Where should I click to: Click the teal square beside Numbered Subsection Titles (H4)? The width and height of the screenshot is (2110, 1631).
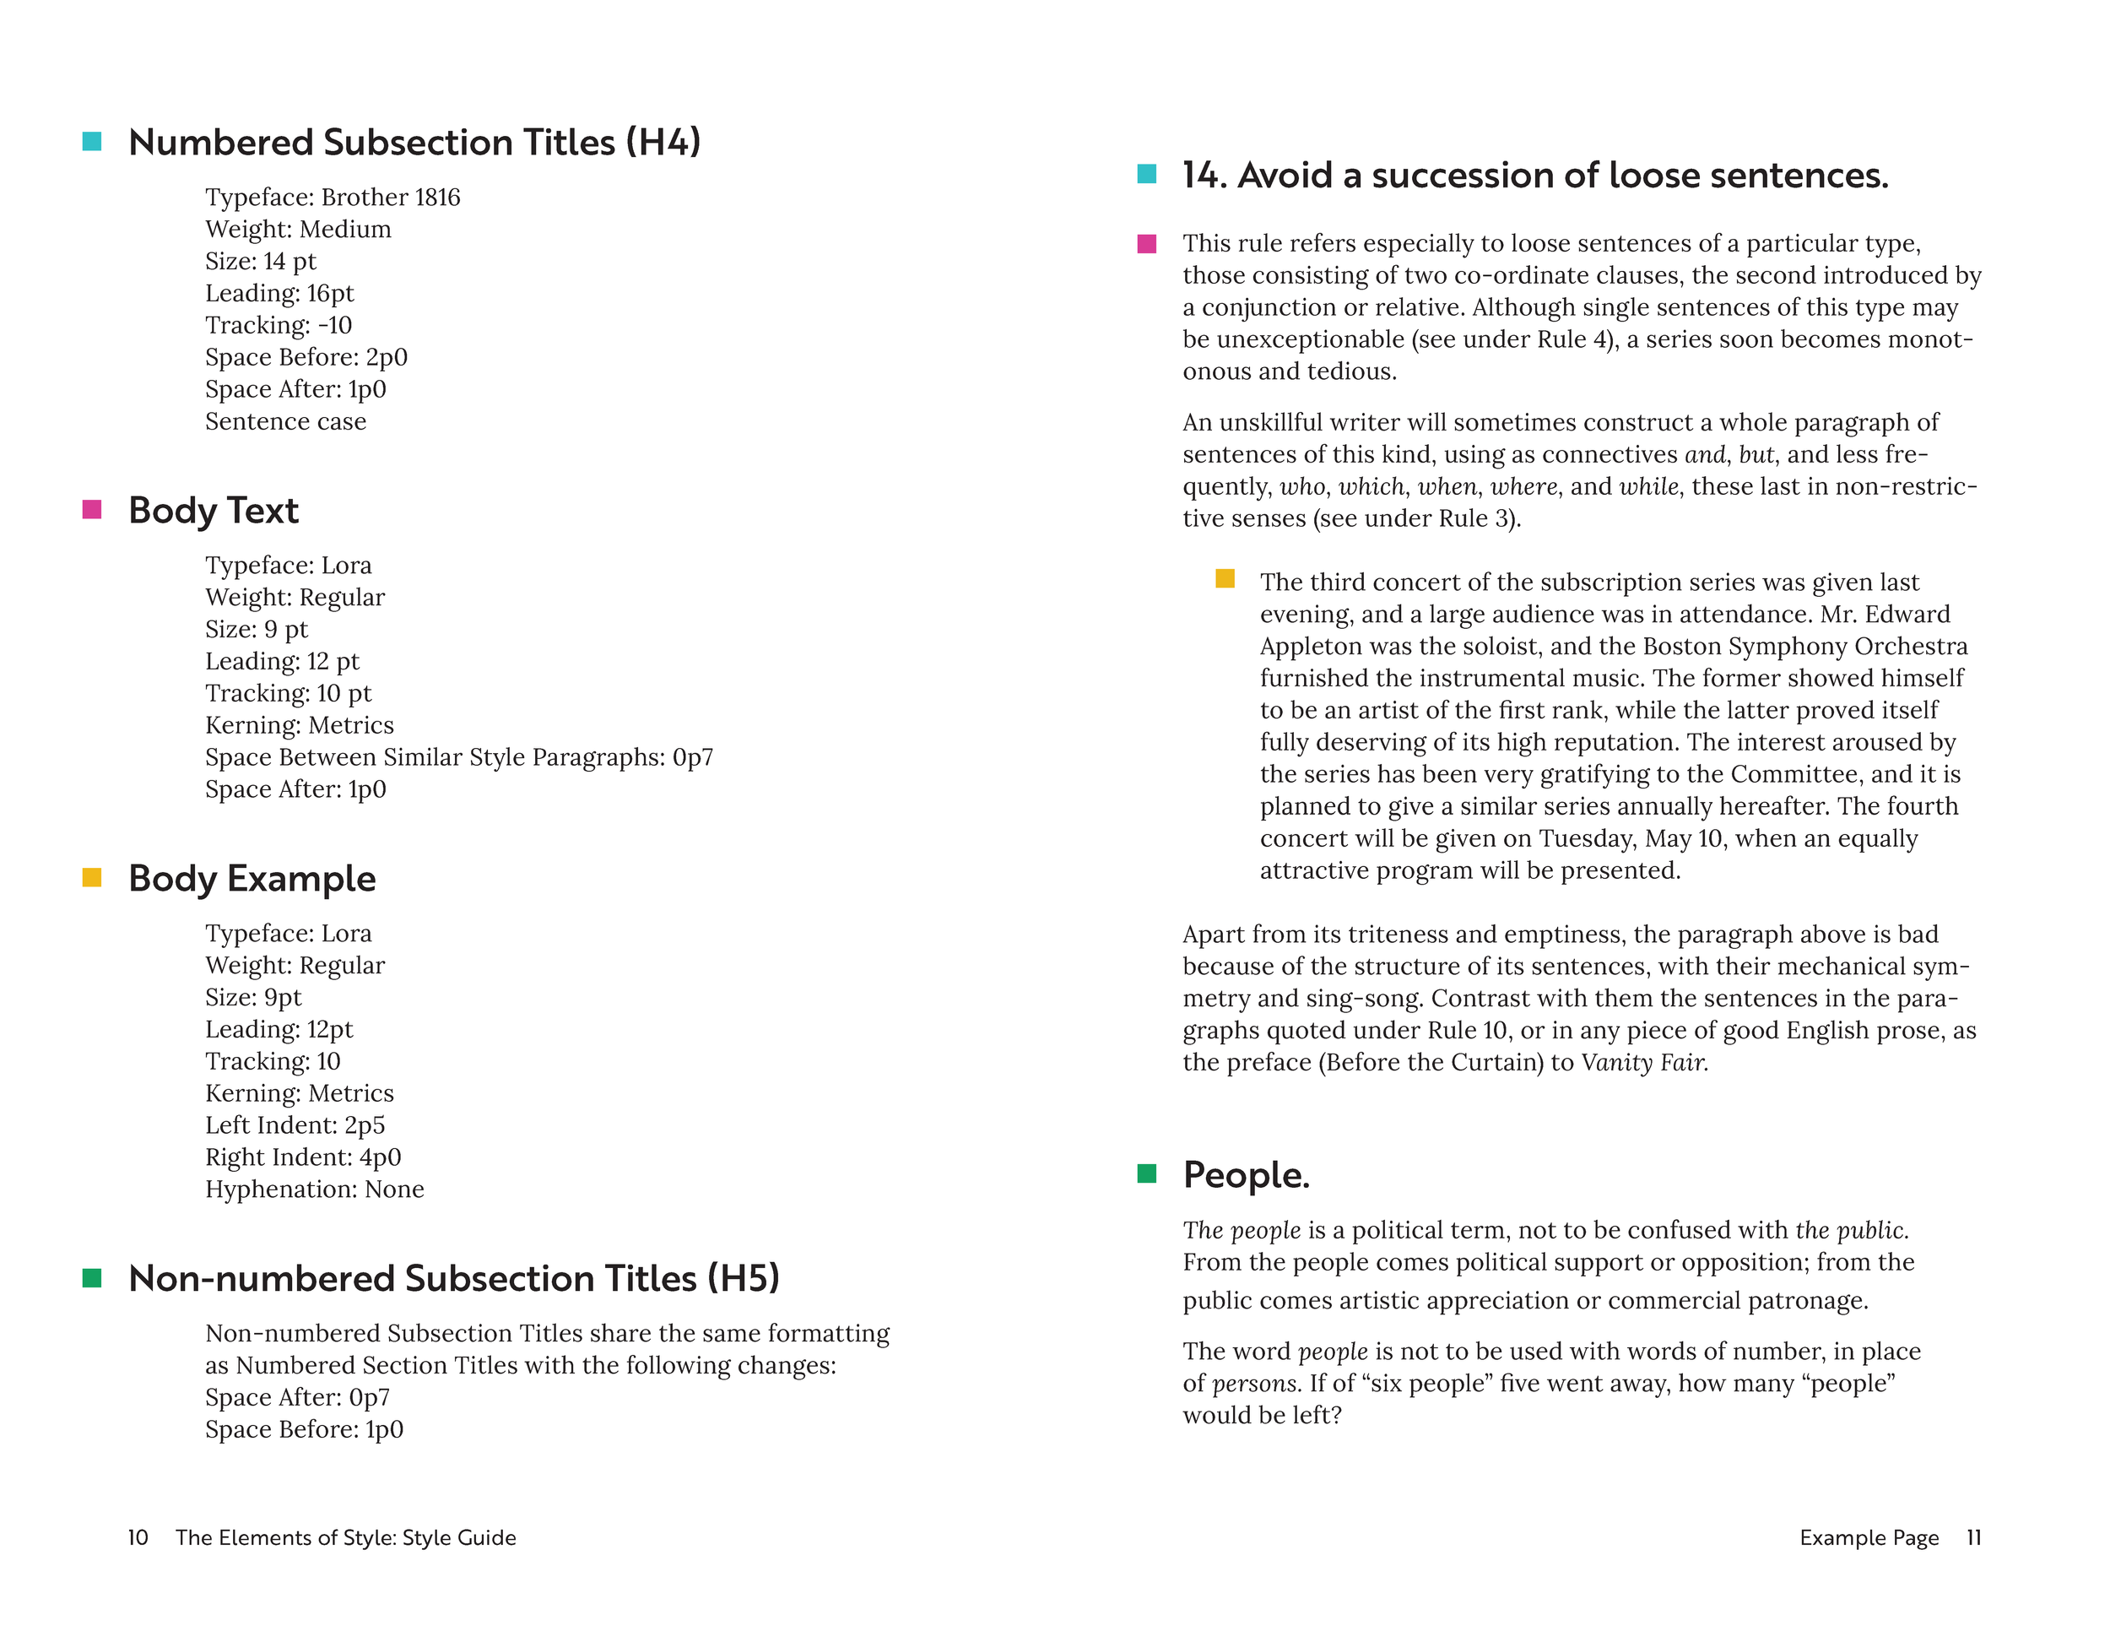tap(92, 142)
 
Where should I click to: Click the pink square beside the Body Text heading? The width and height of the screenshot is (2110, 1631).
tap(92, 509)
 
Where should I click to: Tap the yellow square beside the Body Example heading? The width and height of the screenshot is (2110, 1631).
tap(92, 877)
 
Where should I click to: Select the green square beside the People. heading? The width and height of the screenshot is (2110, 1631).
tap(1147, 1174)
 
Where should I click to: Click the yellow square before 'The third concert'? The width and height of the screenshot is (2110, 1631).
tap(1224, 579)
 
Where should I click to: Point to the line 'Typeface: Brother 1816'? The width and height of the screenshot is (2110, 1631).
tap(333, 197)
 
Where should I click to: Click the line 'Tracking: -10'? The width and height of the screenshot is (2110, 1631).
tap(279, 326)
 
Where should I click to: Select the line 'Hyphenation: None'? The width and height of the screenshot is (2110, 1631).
tap(314, 1189)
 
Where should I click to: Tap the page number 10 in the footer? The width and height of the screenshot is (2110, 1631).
tap(138, 1537)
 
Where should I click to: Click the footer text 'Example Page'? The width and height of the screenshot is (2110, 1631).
tap(1869, 1537)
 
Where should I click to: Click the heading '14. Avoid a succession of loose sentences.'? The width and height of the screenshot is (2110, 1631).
tap(1535, 175)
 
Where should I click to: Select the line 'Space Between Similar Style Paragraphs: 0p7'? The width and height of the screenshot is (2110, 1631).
tap(459, 757)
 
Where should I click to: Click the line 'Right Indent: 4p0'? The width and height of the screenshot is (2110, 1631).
tap(302, 1157)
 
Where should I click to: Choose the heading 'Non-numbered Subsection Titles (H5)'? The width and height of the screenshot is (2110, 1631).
tap(454, 1278)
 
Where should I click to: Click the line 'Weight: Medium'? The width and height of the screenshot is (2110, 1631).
tap(298, 230)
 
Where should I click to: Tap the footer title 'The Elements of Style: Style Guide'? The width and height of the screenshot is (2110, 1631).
tap(346, 1537)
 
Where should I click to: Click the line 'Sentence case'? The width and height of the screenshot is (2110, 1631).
tap(285, 421)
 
